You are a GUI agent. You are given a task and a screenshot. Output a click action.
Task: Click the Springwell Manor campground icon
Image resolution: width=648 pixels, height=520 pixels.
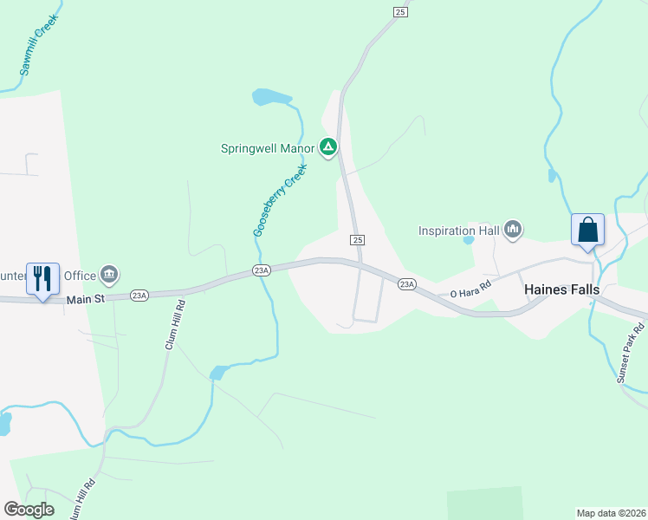point(328,148)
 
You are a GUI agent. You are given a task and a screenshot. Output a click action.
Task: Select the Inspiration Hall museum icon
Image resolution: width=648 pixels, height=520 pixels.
point(513,230)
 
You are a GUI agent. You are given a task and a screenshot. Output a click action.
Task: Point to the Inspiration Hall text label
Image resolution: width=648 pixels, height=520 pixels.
point(459,231)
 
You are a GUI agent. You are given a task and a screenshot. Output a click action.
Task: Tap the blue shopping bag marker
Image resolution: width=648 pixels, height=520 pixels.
point(587,231)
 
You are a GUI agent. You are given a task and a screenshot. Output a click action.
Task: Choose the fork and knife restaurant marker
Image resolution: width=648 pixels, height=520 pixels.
point(42,279)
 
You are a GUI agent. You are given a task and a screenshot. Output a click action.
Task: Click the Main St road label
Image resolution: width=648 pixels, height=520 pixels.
point(85,299)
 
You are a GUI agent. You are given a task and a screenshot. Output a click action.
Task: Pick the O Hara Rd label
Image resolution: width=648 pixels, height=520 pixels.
point(470,288)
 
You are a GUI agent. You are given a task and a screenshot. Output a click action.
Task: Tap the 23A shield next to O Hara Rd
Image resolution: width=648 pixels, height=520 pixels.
point(407,283)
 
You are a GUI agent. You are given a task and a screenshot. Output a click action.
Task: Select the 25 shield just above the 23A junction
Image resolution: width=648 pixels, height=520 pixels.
point(358,239)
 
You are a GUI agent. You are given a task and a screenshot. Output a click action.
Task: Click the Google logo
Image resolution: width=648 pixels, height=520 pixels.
point(29,509)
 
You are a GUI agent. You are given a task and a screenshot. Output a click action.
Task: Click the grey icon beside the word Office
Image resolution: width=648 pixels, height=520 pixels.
point(109,275)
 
